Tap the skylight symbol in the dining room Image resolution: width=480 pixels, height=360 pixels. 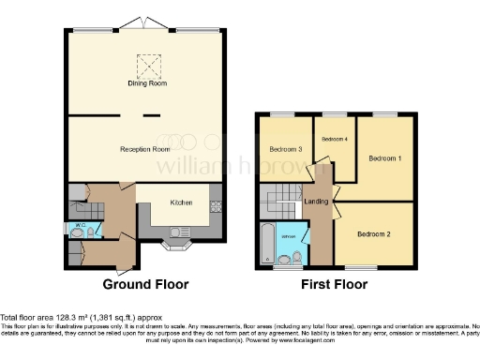click(148, 65)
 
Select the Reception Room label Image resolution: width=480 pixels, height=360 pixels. click(144, 149)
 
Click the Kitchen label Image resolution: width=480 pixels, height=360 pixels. click(181, 202)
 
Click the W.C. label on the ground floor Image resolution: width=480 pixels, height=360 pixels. click(80, 225)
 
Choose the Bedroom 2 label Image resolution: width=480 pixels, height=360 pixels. click(374, 233)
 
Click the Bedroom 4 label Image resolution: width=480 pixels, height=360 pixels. click(334, 140)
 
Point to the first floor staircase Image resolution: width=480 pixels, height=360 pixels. click(279, 199)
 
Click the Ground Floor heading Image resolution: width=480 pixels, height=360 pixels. click(145, 284)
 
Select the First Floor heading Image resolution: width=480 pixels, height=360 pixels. click(333, 284)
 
